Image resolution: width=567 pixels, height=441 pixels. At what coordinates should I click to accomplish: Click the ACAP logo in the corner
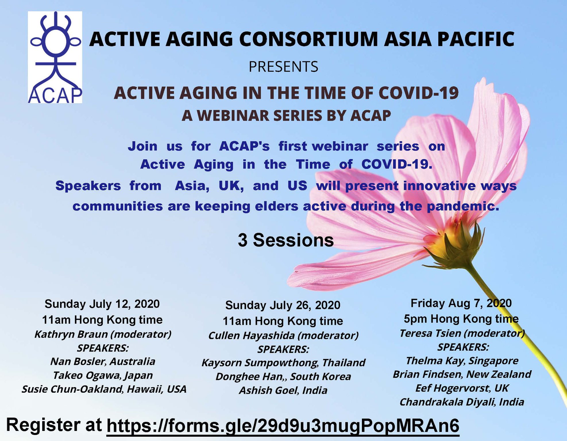point(55,57)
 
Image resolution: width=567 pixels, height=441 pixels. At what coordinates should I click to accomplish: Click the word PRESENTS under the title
point(283,67)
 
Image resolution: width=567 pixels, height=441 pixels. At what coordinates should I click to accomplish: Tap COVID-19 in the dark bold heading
point(419,93)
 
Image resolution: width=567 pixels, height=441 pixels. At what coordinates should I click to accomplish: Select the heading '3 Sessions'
point(286,240)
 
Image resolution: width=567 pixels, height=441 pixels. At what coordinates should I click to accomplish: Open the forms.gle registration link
point(283,426)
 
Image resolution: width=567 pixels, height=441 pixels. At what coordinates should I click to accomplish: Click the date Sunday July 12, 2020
point(102,304)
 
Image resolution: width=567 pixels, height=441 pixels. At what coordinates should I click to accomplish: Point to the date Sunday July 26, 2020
point(283,305)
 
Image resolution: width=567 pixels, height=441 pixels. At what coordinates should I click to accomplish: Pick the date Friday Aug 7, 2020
point(461,303)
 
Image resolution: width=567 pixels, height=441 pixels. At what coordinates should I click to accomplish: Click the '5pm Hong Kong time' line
point(461,319)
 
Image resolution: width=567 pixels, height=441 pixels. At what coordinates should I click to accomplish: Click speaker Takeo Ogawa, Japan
point(103,375)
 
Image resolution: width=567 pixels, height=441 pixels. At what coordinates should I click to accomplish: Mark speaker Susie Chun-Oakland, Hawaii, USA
point(104,389)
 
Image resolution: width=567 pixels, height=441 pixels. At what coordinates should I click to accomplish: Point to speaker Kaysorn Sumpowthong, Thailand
point(283,363)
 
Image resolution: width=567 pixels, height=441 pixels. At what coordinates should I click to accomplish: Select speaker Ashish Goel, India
point(283,390)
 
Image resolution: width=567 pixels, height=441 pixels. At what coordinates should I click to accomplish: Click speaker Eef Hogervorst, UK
point(462,388)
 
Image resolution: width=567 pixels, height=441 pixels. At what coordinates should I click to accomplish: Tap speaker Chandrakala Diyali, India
point(462,402)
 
